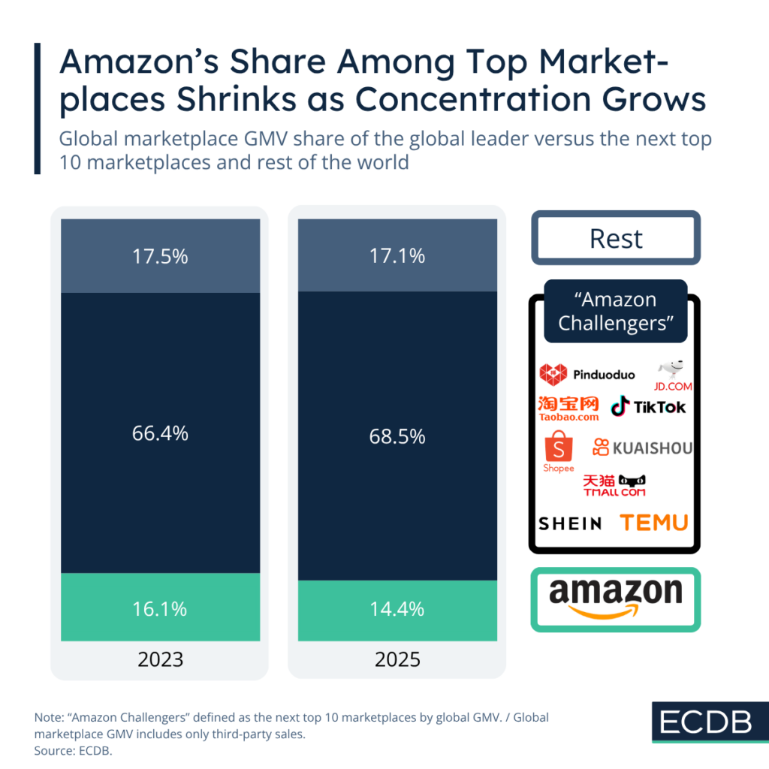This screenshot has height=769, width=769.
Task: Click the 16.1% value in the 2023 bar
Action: coord(160,608)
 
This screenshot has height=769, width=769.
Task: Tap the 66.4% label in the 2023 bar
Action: coord(160,433)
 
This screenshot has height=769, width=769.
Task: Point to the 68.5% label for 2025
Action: coord(397,436)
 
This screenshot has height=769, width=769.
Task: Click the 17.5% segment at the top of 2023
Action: coord(160,256)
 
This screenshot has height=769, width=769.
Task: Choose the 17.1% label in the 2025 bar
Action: coord(397,256)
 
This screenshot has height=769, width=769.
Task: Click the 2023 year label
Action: coord(160,659)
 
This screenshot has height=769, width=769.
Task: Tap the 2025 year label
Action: coord(397,659)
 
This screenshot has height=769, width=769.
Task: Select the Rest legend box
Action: coord(616,238)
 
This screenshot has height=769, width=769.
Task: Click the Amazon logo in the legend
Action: coord(616,599)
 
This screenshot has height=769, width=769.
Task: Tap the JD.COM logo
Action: coord(672,376)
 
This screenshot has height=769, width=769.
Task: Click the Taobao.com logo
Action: coord(569,408)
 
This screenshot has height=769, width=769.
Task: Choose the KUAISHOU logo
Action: coord(642,448)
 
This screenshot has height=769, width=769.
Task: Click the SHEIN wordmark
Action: coord(571,523)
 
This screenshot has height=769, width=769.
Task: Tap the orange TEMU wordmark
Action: coord(653,523)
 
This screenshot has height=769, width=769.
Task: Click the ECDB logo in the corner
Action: coord(706,722)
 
